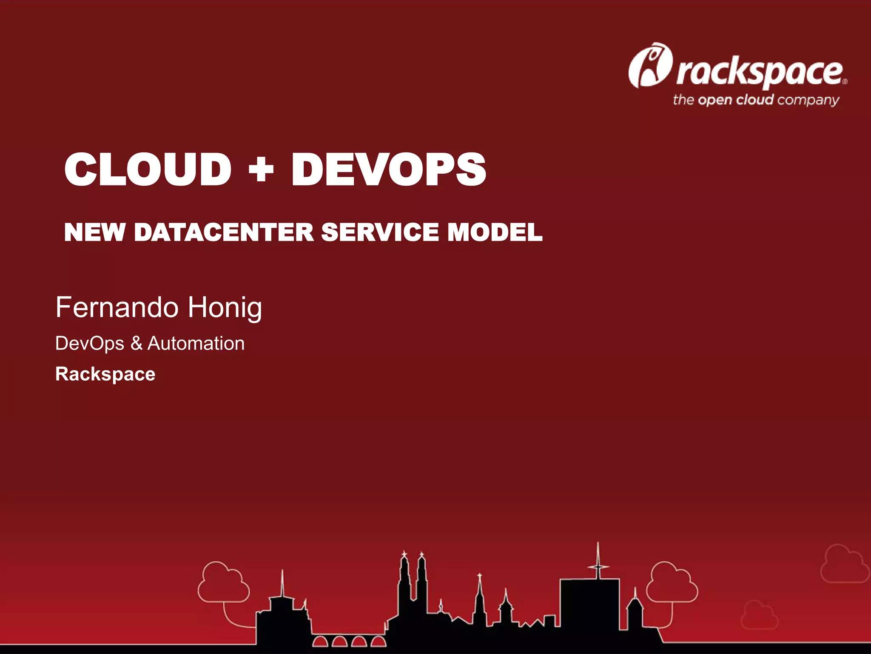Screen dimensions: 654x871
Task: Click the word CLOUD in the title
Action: click(x=148, y=169)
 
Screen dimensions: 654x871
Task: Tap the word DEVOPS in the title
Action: click(x=388, y=169)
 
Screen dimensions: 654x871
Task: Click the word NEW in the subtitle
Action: click(x=94, y=232)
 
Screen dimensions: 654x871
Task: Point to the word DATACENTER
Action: click(x=224, y=232)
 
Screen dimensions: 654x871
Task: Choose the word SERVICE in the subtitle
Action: click(x=379, y=232)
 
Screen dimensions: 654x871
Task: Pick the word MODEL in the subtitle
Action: click(x=495, y=232)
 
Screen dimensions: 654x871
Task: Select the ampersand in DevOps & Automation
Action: click(x=136, y=344)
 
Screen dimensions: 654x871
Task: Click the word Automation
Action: click(x=196, y=344)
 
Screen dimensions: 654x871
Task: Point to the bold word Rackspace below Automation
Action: click(x=105, y=374)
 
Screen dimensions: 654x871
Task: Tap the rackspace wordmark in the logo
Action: click(x=760, y=73)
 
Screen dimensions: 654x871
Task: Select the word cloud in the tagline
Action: click(x=754, y=100)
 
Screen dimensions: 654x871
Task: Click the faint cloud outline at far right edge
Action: click(x=845, y=564)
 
